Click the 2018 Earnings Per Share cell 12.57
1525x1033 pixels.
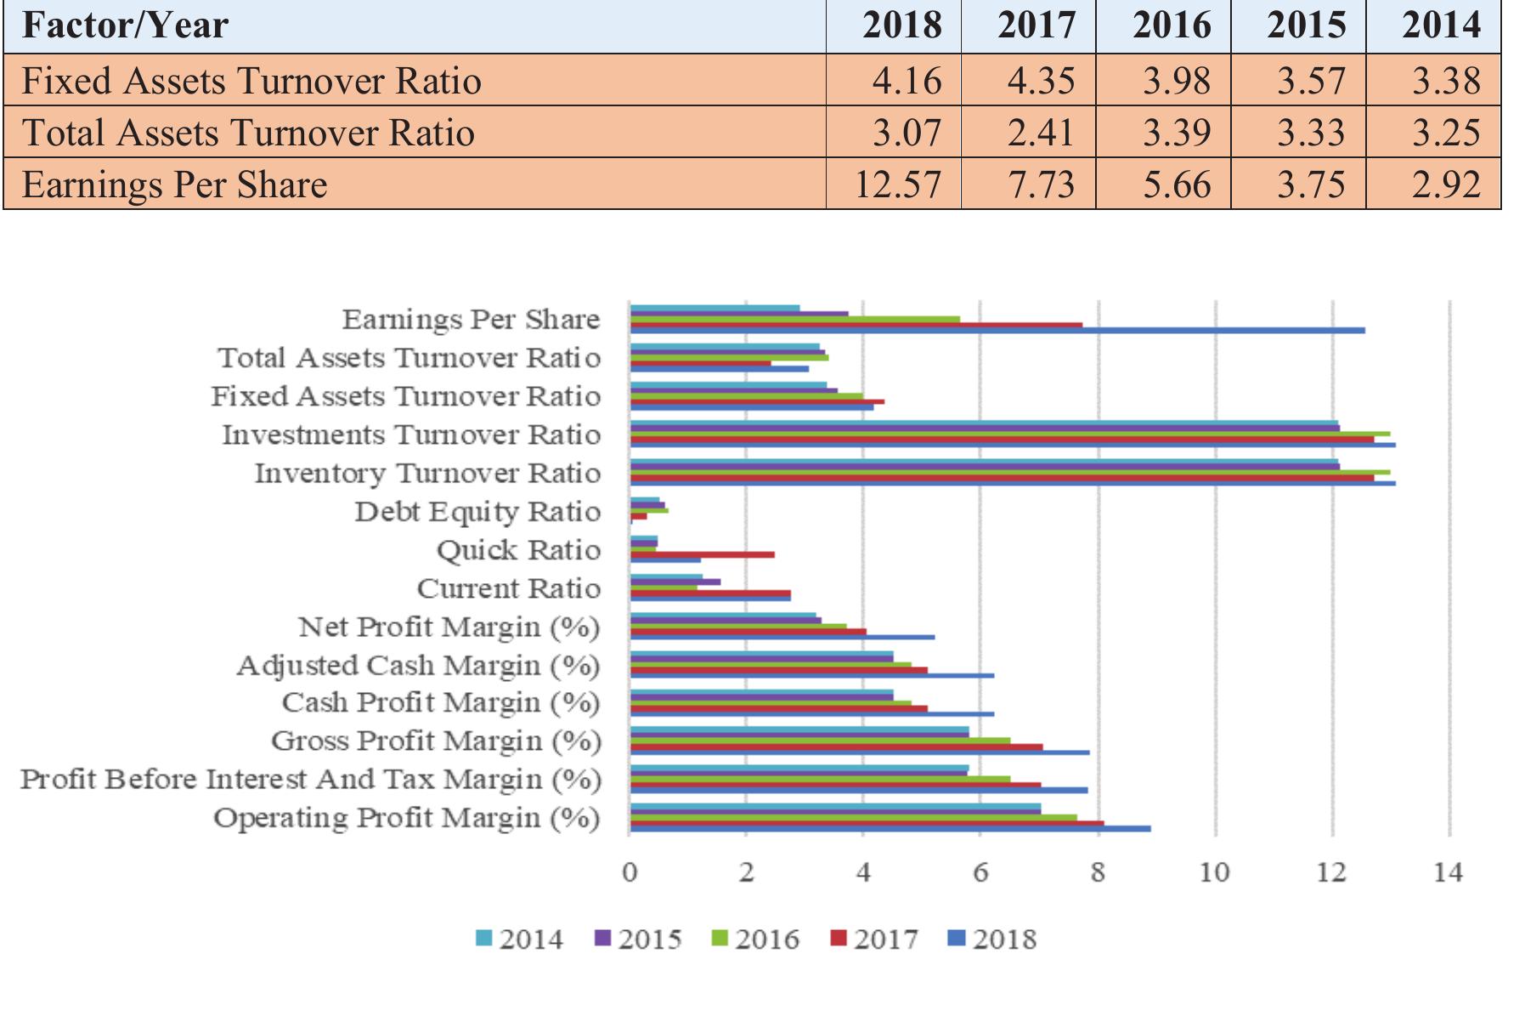[897, 184]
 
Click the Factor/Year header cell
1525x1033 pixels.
[125, 25]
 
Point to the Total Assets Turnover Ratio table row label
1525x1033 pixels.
[248, 133]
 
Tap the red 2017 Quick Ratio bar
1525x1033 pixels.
[702, 554]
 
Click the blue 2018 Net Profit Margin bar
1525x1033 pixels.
[782, 636]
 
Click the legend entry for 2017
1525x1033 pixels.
[874, 939]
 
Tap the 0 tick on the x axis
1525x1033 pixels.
[629, 872]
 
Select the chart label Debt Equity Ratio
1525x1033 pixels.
[477, 512]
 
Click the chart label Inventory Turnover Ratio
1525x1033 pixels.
[427, 473]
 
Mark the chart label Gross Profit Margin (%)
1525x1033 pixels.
[435, 741]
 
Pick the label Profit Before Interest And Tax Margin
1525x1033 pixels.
[310, 779]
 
